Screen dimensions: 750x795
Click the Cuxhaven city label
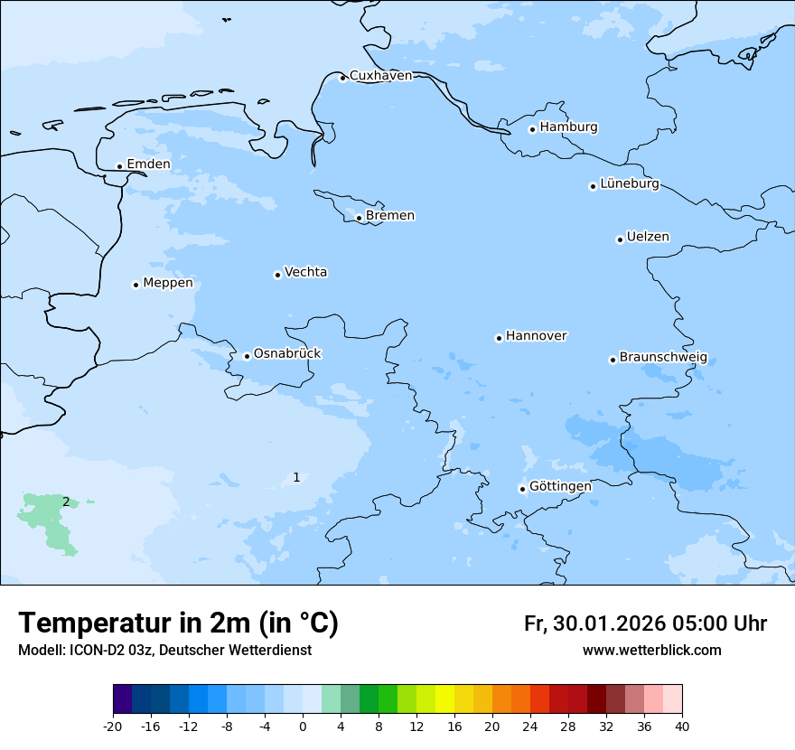click(x=380, y=76)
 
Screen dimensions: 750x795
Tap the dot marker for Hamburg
click(x=532, y=129)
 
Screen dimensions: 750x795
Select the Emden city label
click(x=148, y=164)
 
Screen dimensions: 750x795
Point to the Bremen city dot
click(x=359, y=218)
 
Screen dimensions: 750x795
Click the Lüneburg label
click(x=629, y=184)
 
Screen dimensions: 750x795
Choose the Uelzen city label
click(x=648, y=238)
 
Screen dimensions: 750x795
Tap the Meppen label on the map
click(x=168, y=283)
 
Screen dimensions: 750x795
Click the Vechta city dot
click(x=277, y=275)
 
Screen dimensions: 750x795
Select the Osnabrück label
click(x=287, y=354)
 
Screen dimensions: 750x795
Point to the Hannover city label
click(x=536, y=336)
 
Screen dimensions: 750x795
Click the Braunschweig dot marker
click(x=613, y=360)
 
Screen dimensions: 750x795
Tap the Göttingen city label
click(x=560, y=487)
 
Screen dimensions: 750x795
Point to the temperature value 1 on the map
click(x=296, y=478)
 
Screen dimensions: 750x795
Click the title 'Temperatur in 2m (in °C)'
click(x=178, y=623)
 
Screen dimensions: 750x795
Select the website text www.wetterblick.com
click(x=651, y=651)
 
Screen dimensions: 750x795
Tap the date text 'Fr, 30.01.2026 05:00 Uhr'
click(x=645, y=624)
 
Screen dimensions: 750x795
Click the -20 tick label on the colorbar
click(x=113, y=727)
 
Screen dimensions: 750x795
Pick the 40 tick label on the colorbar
click(x=682, y=727)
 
